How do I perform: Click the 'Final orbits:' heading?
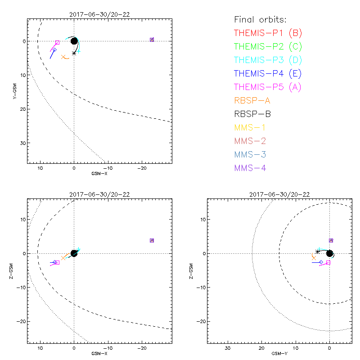pos(260,19)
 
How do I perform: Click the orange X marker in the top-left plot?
pos(63,57)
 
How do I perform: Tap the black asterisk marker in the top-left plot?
pos(74,53)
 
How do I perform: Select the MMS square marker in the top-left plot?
pos(152,40)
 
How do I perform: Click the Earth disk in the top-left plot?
pos(74,41)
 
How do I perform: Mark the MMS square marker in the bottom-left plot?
pos(152,240)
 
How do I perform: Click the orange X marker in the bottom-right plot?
pos(314,257)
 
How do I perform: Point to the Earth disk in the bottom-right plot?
pos(329,253)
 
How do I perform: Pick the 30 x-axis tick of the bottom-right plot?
pos(228,348)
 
